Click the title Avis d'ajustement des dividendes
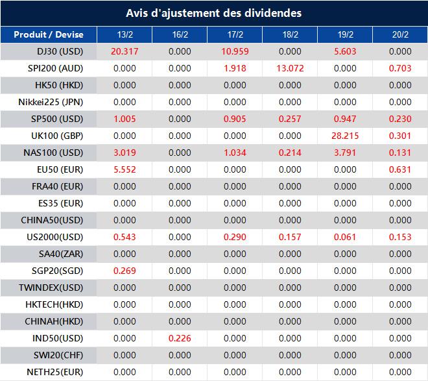coord(213,13)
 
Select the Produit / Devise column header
coord(49,35)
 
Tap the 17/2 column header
coord(235,35)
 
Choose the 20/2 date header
coord(400,35)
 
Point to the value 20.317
coord(124,51)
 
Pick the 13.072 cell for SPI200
coord(290,68)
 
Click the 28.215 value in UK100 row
coord(345,136)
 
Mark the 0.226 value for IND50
coord(180,338)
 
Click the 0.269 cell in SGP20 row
coord(124,271)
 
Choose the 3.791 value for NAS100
coord(345,153)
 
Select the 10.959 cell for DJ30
coord(235,51)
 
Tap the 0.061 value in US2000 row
coord(345,237)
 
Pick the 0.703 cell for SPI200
coord(400,68)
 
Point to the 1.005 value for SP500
coord(124,119)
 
